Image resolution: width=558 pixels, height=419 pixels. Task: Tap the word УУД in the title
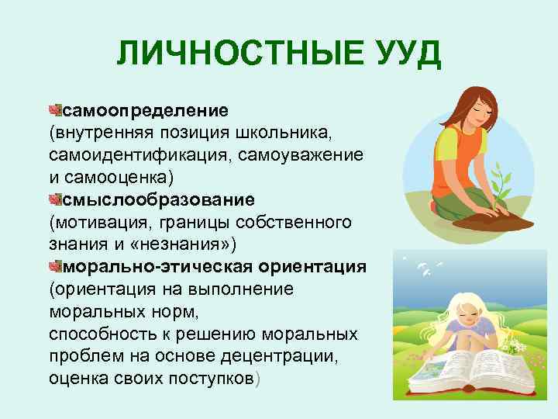404,54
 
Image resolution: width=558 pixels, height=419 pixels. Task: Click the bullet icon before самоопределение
53,104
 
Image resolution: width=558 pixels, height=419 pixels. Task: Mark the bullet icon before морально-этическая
53,266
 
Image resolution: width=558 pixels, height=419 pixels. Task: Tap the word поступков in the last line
201,379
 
